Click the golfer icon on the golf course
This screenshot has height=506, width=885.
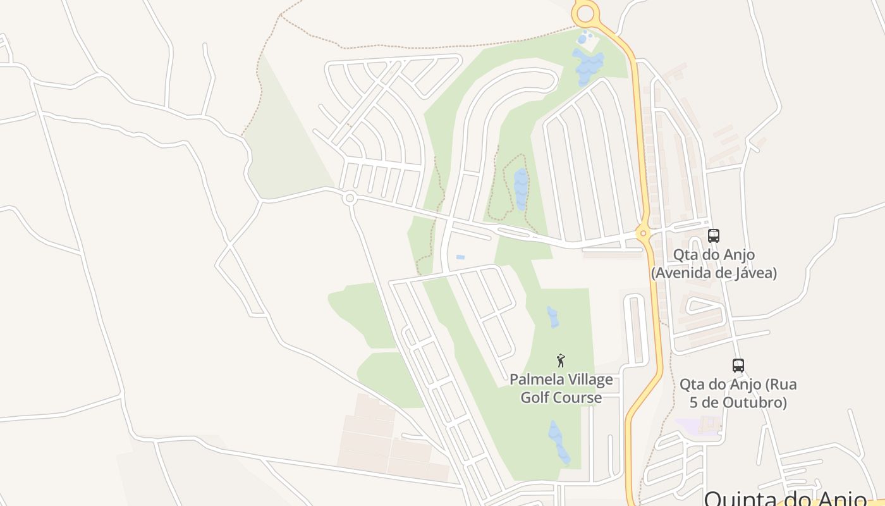coord(560,361)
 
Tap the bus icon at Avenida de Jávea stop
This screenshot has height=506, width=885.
coord(714,236)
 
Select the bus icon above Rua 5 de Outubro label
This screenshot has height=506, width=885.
coord(738,365)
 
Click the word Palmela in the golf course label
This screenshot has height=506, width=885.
coord(535,379)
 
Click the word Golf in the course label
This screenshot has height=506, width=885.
coord(534,398)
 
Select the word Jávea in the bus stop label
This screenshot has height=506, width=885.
coord(755,273)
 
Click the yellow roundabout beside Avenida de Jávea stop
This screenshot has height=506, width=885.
coord(644,233)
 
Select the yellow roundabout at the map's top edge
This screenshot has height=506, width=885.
coord(585,13)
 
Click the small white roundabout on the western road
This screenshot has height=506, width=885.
coord(349,199)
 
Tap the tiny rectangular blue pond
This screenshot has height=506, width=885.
coord(460,257)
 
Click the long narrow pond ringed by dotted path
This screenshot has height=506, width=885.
coord(521,188)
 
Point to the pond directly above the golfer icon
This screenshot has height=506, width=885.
coord(553,317)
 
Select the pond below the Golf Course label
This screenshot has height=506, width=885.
coord(558,442)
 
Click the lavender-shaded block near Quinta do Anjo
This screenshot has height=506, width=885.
coord(699,425)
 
